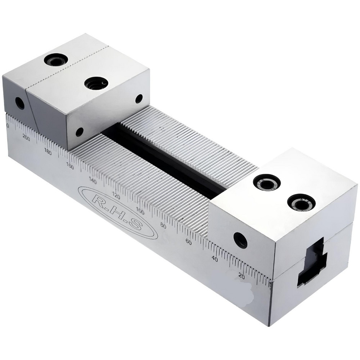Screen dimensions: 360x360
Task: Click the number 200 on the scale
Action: (x=26, y=137)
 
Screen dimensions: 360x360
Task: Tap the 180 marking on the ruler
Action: (x=48, y=151)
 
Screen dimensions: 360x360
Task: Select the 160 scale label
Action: (x=70, y=166)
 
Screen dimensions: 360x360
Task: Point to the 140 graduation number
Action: (x=93, y=181)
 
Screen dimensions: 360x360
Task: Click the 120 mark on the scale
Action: (x=116, y=196)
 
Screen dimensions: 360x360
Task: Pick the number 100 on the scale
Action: (x=140, y=211)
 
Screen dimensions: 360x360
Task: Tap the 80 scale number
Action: (x=163, y=226)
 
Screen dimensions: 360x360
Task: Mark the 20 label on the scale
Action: (x=242, y=276)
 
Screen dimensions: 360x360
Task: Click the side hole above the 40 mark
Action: (x=240, y=240)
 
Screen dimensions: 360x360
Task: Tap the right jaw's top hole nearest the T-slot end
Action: (x=301, y=202)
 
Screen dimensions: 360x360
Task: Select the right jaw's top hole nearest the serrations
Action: (x=267, y=182)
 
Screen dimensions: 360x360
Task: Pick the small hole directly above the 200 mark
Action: (x=20, y=103)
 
